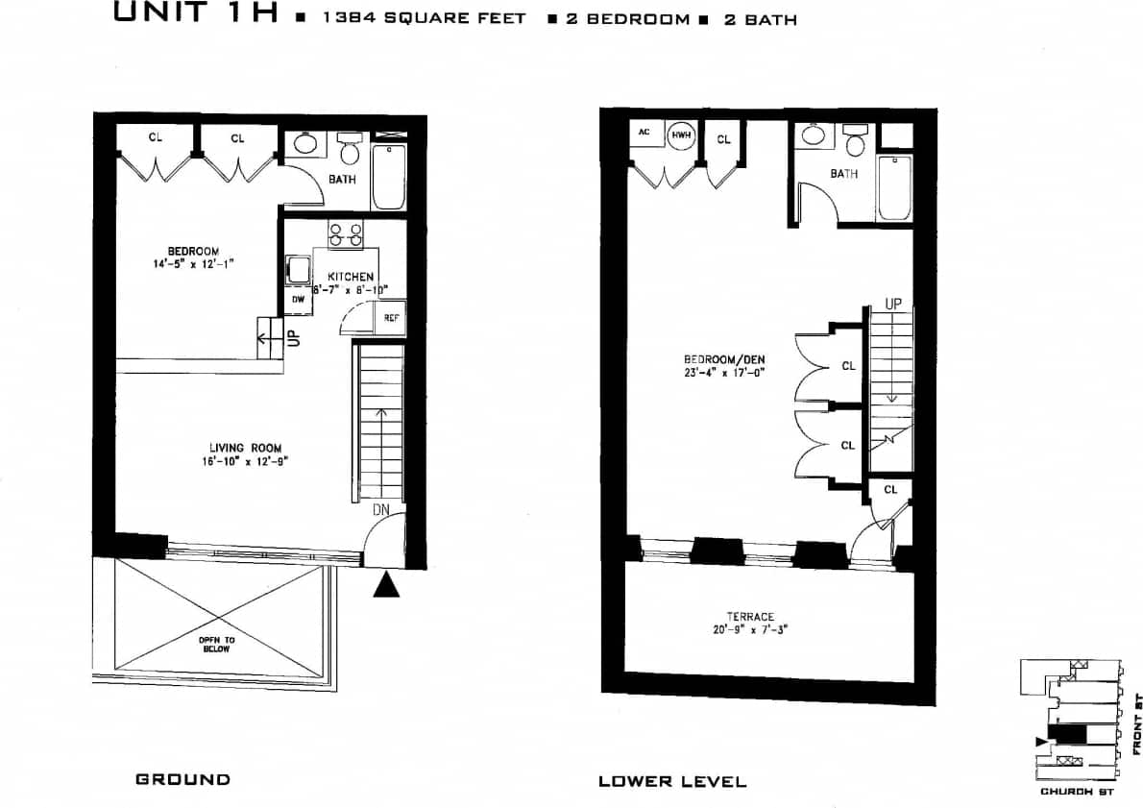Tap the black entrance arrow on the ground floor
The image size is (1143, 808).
(385, 584)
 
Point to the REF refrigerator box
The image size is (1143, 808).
(390, 318)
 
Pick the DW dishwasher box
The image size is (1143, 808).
(297, 299)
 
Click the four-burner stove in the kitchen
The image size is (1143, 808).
(345, 235)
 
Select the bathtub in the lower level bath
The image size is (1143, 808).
(893, 187)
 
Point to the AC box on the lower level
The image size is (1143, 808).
(644, 133)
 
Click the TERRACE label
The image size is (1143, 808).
(750, 617)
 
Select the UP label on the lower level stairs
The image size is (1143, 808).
(893, 304)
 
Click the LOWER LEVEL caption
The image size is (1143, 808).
(671, 781)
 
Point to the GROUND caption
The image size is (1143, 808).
(182, 779)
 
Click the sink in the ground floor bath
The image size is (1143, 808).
(306, 144)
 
